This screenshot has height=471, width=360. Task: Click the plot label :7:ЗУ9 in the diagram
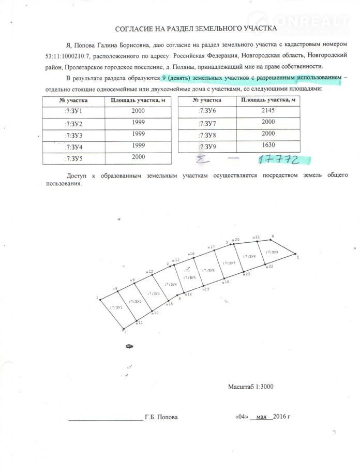click(x=272, y=253)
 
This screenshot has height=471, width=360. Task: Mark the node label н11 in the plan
click(x=139, y=322)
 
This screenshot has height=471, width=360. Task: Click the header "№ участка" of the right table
click(x=210, y=99)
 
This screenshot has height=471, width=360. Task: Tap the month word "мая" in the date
click(x=261, y=417)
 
